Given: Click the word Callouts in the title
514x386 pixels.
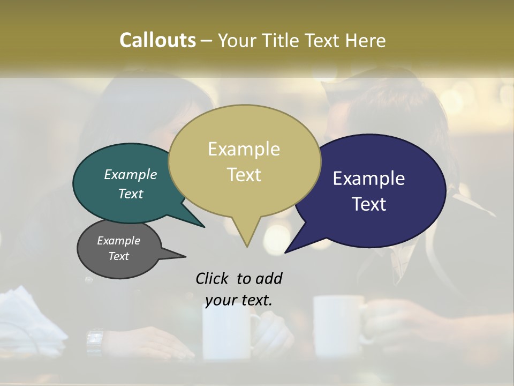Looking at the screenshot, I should [157, 40].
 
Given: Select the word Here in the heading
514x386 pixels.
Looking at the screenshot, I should [366, 40].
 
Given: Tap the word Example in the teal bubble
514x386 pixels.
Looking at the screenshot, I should [130, 174].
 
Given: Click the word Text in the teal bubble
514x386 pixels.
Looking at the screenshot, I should [130, 194].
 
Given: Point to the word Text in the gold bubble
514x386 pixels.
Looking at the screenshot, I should [244, 174].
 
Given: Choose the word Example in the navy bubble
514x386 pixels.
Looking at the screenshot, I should [368, 178].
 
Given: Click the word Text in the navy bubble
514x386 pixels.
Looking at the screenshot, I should [369, 204].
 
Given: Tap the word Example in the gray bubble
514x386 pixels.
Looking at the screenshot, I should [118, 241].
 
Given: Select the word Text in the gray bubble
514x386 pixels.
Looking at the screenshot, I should [118, 256].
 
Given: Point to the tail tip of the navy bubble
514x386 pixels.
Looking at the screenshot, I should [286, 251].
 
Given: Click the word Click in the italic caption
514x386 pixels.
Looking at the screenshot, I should [213, 278].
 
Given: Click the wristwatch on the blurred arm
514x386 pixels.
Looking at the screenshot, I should [94, 339].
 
